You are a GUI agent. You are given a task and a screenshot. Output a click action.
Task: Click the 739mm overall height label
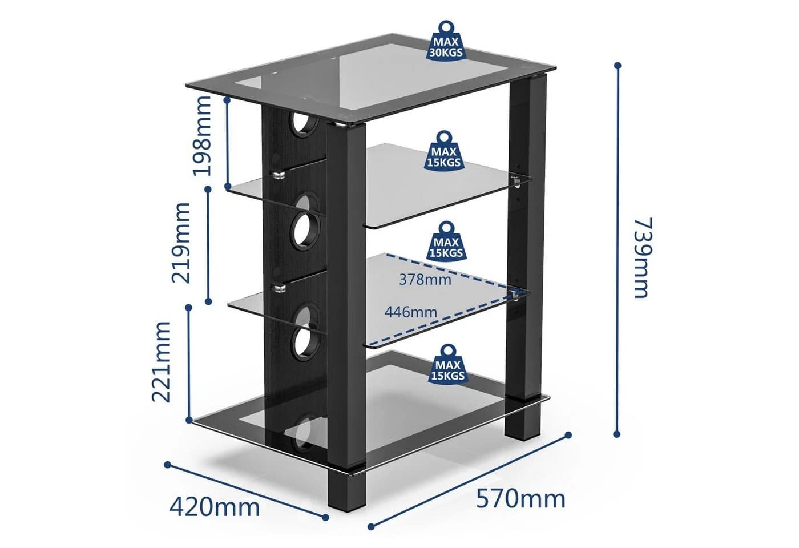[643, 257]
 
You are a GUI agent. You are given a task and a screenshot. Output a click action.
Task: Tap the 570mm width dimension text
[520, 499]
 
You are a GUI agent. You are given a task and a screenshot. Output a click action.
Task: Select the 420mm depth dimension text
[215, 507]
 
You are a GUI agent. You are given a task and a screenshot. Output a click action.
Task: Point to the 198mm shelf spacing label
[202, 136]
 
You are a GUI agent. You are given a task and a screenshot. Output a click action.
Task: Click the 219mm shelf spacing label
[181, 243]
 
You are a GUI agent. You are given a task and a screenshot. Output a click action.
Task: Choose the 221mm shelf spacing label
[161, 362]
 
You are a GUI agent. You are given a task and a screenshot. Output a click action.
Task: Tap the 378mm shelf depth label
[425, 279]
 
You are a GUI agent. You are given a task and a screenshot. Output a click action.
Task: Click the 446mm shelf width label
[410, 312]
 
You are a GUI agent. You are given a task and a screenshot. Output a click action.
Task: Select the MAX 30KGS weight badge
[446, 41]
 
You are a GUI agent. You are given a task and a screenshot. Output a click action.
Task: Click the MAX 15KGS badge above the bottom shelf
[449, 364]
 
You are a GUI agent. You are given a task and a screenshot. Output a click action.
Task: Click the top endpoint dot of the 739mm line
[618, 66]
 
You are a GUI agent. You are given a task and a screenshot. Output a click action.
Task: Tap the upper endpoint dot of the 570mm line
[568, 435]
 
